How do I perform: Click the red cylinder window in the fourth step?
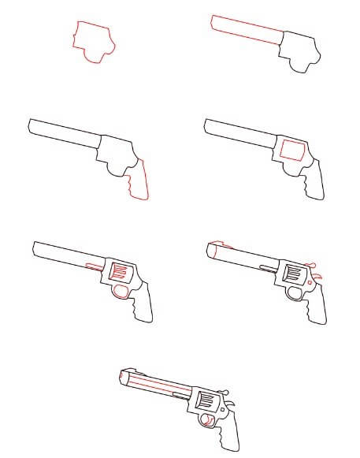click(x=291, y=150)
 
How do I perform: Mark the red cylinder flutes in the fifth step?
click(x=120, y=272)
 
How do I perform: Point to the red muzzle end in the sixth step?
click(x=210, y=251)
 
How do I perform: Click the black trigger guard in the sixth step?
click(x=297, y=292)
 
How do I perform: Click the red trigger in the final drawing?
click(x=209, y=422)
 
